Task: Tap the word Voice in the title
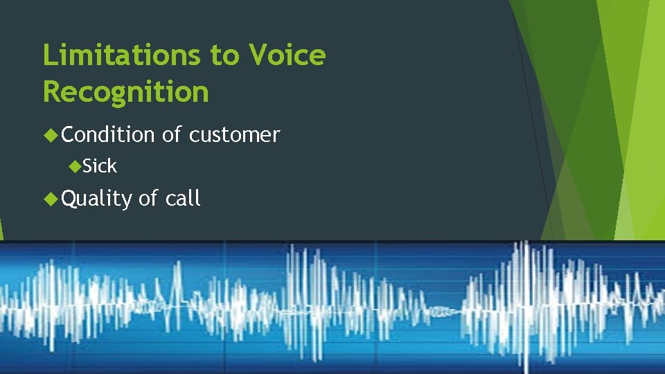pyautogui.click(x=287, y=55)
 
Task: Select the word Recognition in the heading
pyautogui.click(x=125, y=91)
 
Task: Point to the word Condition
pyautogui.click(x=108, y=134)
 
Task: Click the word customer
pyautogui.click(x=234, y=134)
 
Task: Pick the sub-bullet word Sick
pyautogui.click(x=100, y=166)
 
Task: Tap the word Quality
pyautogui.click(x=96, y=199)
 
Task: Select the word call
pyautogui.click(x=183, y=199)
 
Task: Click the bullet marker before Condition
pyautogui.click(x=50, y=134)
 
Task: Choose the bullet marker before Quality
pyautogui.click(x=50, y=199)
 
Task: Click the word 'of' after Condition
pyautogui.click(x=172, y=134)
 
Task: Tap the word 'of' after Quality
pyautogui.click(x=148, y=199)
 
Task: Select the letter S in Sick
pyautogui.click(x=87, y=166)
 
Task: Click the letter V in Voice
pyautogui.click(x=258, y=55)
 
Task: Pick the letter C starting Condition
pyautogui.click(x=68, y=134)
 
